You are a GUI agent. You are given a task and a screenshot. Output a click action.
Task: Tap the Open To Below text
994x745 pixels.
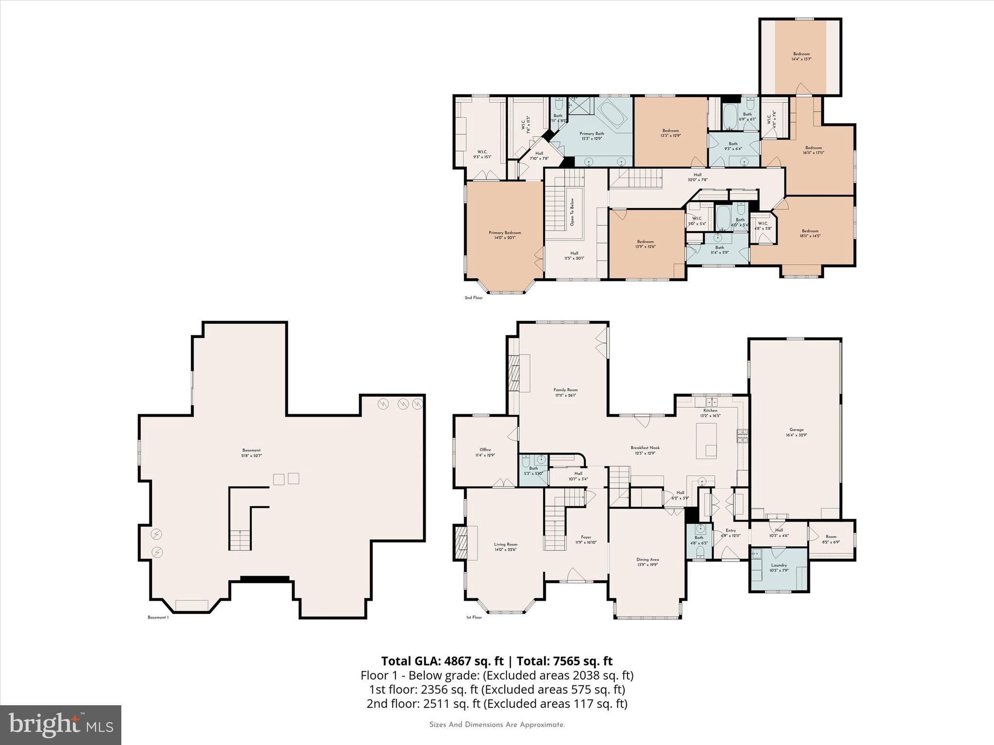click(572, 212)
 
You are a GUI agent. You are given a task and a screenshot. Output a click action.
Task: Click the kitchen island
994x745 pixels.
click(707, 440)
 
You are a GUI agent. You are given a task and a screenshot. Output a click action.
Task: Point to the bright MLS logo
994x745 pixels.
click(61, 725)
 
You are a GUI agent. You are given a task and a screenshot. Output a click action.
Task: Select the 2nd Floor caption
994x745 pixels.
click(474, 298)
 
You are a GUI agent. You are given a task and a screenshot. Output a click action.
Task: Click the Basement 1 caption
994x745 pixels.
click(158, 617)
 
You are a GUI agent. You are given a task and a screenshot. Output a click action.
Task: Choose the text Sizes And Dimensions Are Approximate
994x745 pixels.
click(497, 725)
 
